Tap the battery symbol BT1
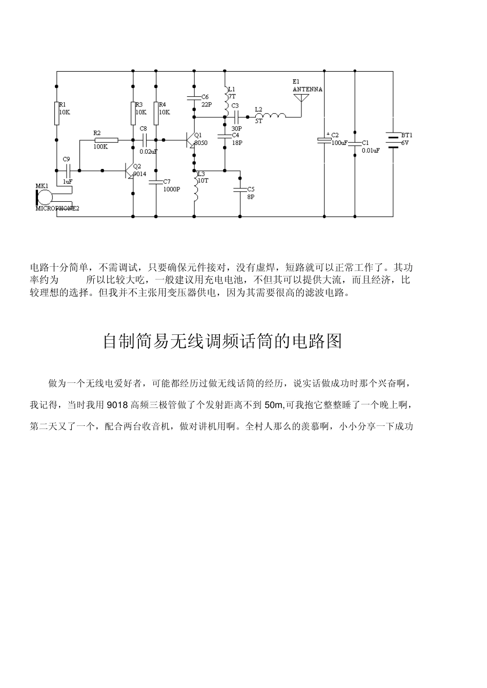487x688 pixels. click(393, 139)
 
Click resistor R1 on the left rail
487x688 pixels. click(56, 113)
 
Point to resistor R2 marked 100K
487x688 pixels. click(106, 140)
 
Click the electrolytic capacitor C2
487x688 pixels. click(324, 139)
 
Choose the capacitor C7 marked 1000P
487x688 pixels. click(156, 181)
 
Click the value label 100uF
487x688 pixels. click(339, 143)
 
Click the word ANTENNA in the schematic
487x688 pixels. click(308, 90)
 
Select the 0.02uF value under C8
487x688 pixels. click(148, 152)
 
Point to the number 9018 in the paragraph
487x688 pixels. click(117, 405)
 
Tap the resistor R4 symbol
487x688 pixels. click(156, 113)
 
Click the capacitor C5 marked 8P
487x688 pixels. click(240, 189)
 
